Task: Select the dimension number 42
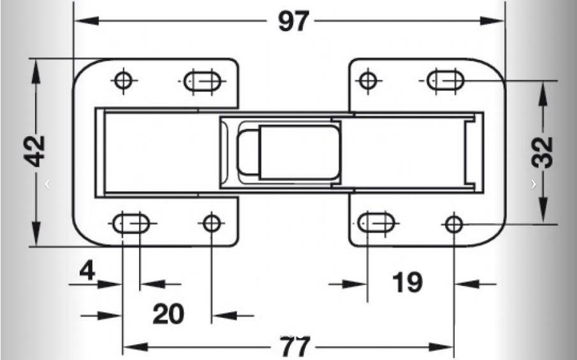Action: tap(36, 151)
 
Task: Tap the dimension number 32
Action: tap(543, 152)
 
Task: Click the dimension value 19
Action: tap(407, 282)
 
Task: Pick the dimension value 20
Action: tap(168, 313)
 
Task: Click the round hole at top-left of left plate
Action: tap(122, 80)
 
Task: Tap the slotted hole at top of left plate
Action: tap(201, 82)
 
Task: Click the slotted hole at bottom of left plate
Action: tap(132, 224)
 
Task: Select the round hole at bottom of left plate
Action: tap(210, 223)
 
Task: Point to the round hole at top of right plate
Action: tap(367, 81)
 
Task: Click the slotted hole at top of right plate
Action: tap(445, 81)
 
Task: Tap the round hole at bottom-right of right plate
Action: tap(454, 224)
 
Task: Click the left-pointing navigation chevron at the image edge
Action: tap(47, 184)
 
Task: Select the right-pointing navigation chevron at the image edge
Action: tap(534, 184)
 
